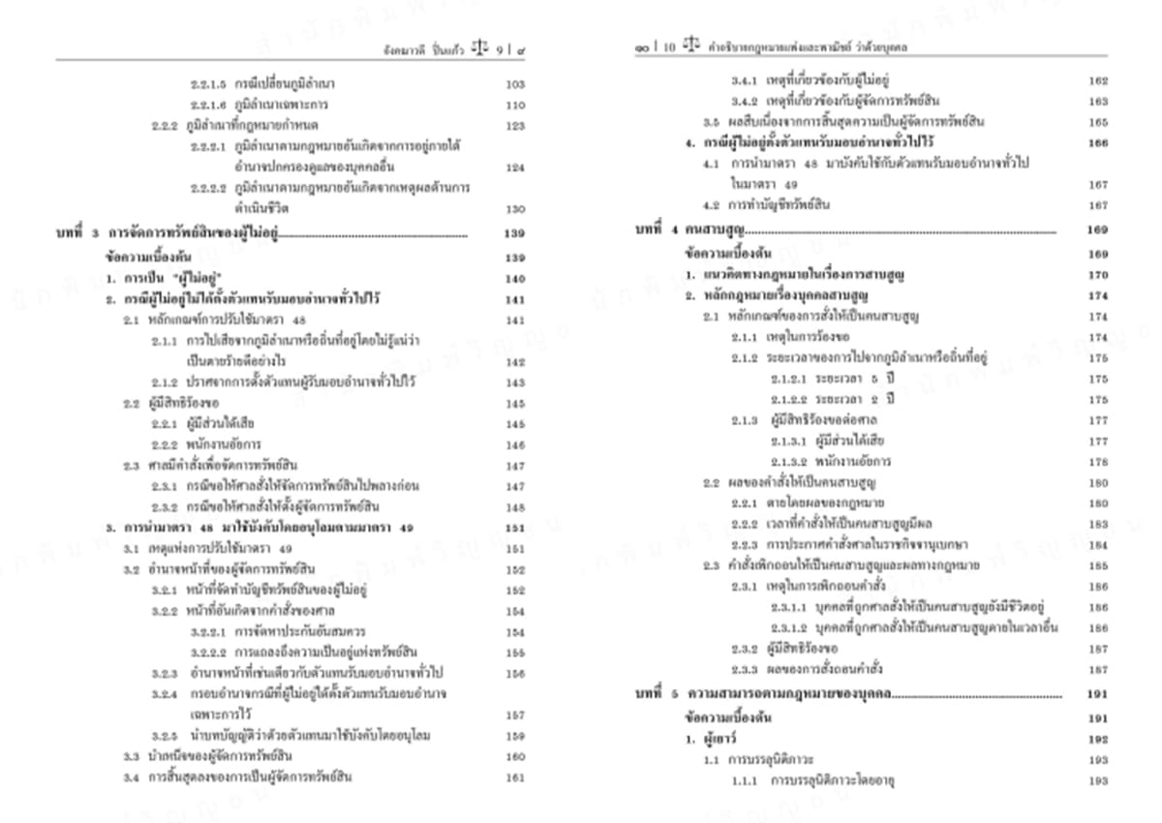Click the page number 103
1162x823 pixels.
(515, 84)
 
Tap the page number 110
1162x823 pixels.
(515, 106)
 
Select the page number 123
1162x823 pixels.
(515, 126)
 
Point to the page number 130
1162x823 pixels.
(515, 208)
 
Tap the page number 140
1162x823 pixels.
(515, 279)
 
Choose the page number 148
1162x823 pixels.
(515, 507)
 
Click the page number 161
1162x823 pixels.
(515, 777)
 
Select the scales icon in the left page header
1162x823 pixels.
(479, 46)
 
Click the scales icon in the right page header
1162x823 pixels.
(690, 46)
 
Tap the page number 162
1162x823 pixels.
(1098, 81)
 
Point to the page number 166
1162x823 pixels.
(1098, 143)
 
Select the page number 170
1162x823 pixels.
(1098, 276)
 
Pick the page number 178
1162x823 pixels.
(1098, 462)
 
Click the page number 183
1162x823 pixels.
(1098, 524)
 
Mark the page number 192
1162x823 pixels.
(1098, 740)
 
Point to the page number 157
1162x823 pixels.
(515, 716)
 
